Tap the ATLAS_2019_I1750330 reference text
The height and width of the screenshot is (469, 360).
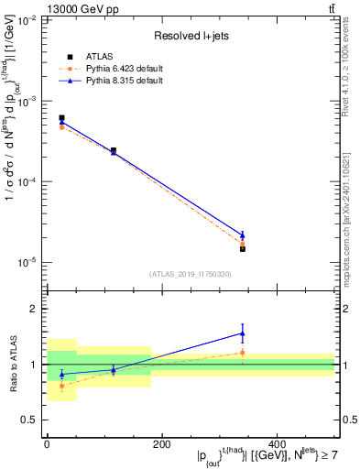191,274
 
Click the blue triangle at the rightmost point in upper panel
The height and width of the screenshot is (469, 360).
243,235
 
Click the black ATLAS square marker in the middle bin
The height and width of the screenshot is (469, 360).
114,150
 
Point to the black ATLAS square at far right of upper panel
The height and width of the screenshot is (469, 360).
243,248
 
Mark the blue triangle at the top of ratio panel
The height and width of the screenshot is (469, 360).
243,333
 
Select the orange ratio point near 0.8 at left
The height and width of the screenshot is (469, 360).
61,386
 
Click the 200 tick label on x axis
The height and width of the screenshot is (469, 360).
161,442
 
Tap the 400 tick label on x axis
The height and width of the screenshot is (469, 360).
276,442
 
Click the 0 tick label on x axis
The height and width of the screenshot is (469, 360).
47,442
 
